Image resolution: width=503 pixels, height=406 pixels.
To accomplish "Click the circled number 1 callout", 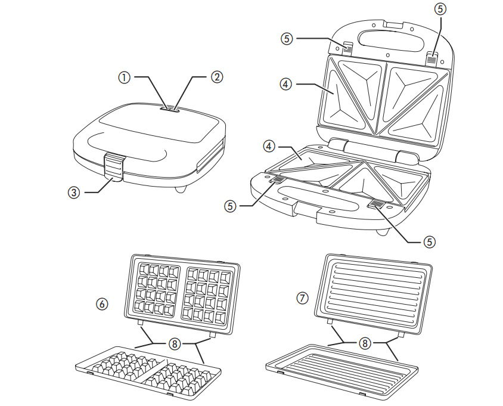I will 123,77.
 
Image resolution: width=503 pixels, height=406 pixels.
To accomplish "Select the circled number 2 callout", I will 218,77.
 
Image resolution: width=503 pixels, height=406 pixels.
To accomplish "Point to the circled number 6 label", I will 103,303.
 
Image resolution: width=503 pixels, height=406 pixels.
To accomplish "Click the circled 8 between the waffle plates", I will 174,343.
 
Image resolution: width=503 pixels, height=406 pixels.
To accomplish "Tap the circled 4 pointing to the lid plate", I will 286,84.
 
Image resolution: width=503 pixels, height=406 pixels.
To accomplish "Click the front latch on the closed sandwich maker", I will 115,165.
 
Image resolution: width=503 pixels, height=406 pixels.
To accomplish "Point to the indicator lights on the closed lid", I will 171,109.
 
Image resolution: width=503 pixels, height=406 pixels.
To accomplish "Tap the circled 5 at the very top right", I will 440,10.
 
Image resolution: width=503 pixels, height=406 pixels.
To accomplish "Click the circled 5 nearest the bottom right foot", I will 429,241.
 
